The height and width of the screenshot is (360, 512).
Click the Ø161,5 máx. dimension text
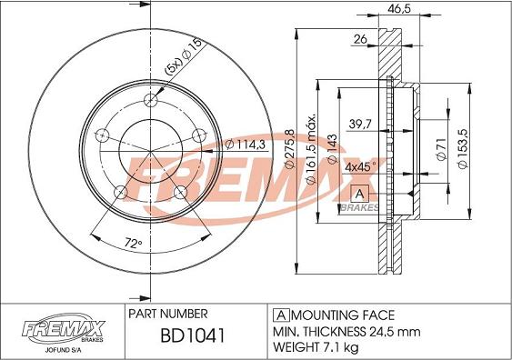(x=312, y=150)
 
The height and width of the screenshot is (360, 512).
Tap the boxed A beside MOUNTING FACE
(x=277, y=313)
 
